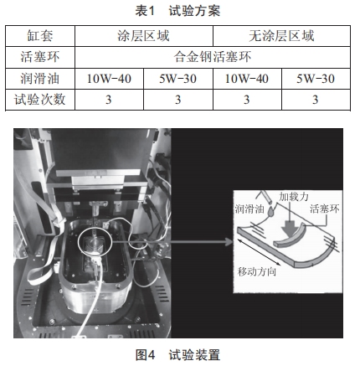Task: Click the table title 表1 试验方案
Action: pyautogui.click(x=177, y=11)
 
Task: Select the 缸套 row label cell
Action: pyautogui.click(x=40, y=36)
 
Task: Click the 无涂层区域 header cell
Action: pyautogui.click(x=281, y=36)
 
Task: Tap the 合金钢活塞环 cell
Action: pyautogui.click(x=213, y=57)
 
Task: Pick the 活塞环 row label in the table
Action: pyautogui.click(x=40, y=57)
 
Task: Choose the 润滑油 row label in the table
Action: pyautogui.click(x=40, y=79)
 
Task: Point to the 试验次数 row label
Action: pyautogui.click(x=40, y=100)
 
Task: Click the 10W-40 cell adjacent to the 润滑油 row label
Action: pyautogui.click(x=109, y=79)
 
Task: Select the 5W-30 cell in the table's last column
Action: pyautogui.click(x=316, y=79)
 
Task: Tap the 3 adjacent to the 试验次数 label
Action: pyautogui.click(x=109, y=100)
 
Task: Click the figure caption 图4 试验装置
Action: pyautogui.click(x=177, y=355)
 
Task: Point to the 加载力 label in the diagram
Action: pyautogui.click(x=294, y=197)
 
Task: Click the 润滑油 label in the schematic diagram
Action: pyautogui.click(x=249, y=209)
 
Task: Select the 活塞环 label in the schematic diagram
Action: pyautogui.click(x=325, y=209)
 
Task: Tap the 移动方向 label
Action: pyautogui.click(x=257, y=271)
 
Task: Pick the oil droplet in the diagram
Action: pyautogui.click(x=271, y=212)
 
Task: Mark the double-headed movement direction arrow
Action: pyautogui.click(x=259, y=252)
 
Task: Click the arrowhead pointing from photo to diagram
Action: pyautogui.click(x=229, y=242)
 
